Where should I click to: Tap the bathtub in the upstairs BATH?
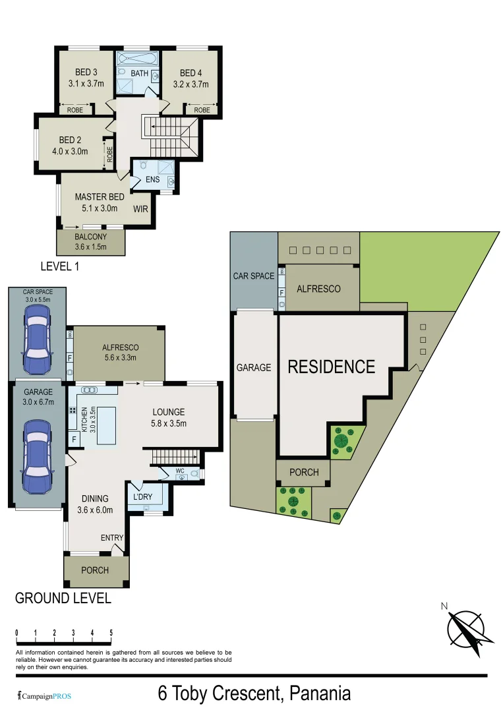coord(137,59)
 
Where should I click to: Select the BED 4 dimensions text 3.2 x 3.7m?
coord(191,84)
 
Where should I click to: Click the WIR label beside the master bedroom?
coord(141,209)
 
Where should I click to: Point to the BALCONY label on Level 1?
coord(91,237)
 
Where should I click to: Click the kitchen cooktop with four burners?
coord(72,410)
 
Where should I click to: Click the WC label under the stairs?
coord(180,471)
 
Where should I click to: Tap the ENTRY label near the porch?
coord(111,538)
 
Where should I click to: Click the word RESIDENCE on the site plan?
coord(331,367)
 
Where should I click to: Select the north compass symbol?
coord(470,627)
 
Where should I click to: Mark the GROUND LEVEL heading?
coord(63,599)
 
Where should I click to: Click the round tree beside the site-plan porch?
coord(341,440)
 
